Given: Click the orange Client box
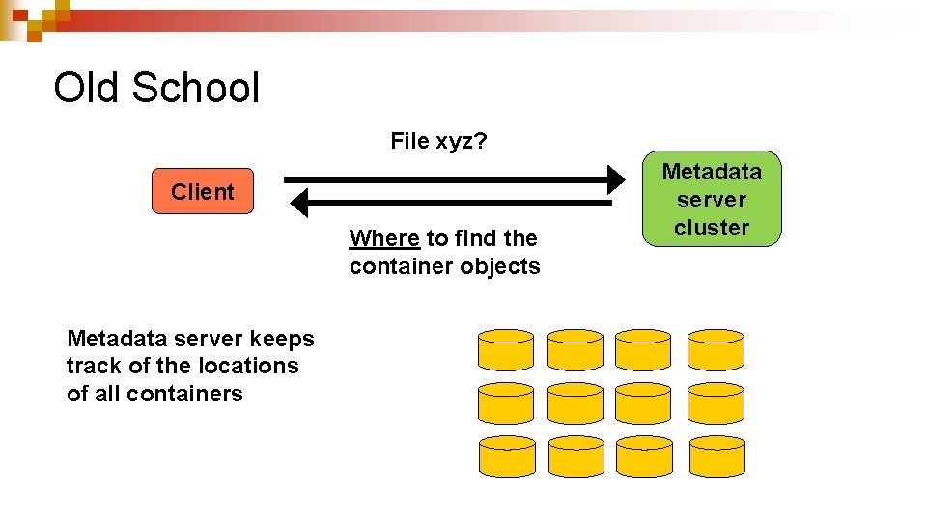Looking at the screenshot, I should coord(203,191).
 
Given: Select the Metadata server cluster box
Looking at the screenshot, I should coord(712,200).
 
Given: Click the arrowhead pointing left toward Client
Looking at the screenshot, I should coord(298,203).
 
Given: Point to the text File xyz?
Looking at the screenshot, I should coord(438,142).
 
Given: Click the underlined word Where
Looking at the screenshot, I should coord(384,238).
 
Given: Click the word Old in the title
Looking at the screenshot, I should coord(87,88).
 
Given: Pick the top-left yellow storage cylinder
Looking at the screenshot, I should coord(506,348).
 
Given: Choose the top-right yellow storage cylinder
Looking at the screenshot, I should coord(716,348).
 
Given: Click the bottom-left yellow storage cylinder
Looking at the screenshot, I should coord(506,454).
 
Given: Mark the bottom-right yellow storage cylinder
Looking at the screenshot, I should coord(716,454).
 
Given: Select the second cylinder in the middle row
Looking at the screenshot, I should coord(575,401).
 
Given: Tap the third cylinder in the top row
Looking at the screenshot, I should coord(644,348).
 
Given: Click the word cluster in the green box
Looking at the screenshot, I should coord(712,228).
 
